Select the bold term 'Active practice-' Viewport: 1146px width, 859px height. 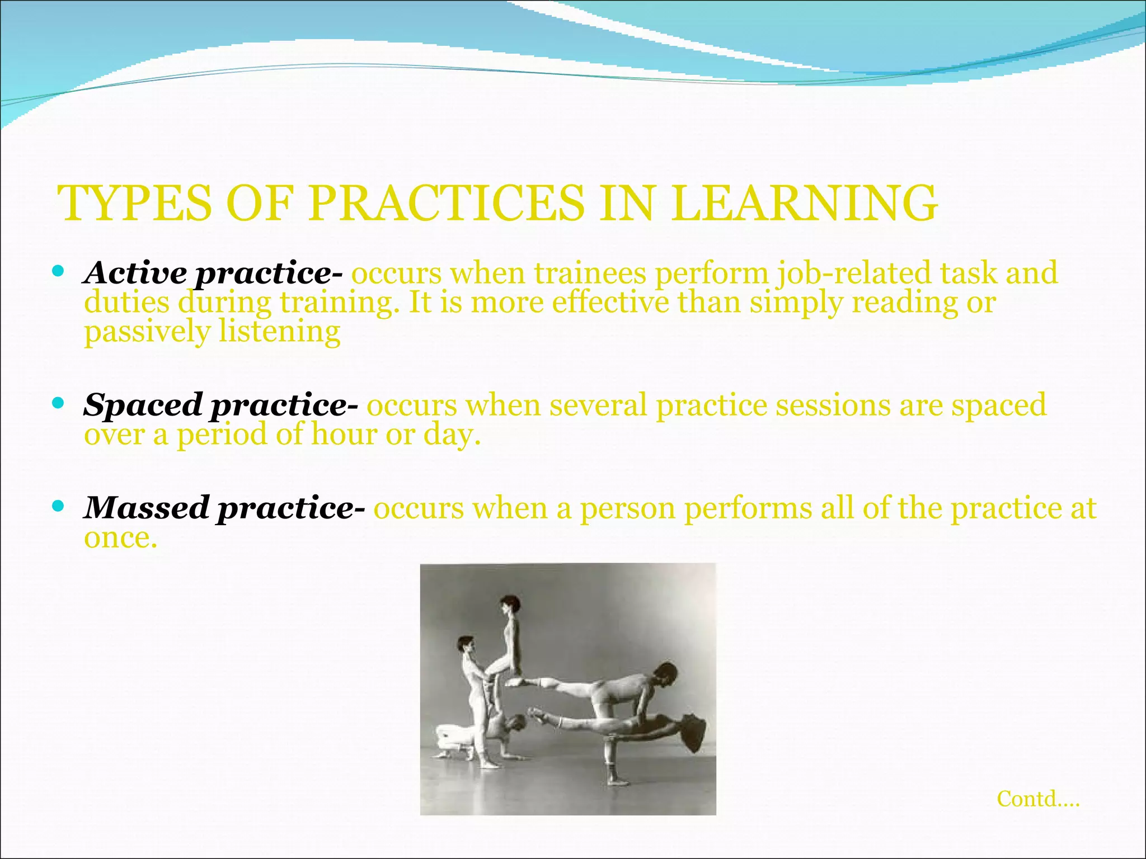click(213, 273)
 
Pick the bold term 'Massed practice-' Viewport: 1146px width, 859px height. click(224, 508)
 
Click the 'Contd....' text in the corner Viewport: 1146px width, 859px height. click(1038, 799)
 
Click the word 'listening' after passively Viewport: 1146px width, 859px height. click(279, 331)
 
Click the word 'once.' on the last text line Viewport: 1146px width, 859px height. click(120, 537)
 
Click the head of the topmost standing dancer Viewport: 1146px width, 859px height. click(510, 605)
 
